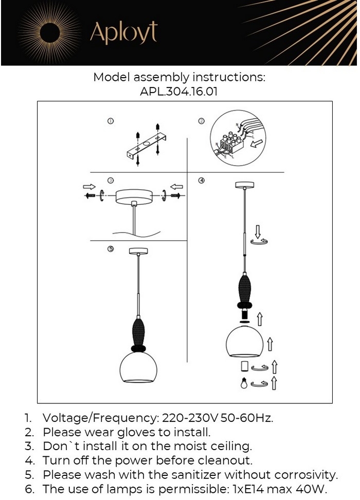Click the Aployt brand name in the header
click(x=123, y=32)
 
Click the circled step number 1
click(x=110, y=121)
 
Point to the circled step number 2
click(x=202, y=121)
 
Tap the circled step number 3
click(x=110, y=180)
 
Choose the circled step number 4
click(x=202, y=180)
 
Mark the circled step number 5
click(x=110, y=249)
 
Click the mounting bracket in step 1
click(x=147, y=147)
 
